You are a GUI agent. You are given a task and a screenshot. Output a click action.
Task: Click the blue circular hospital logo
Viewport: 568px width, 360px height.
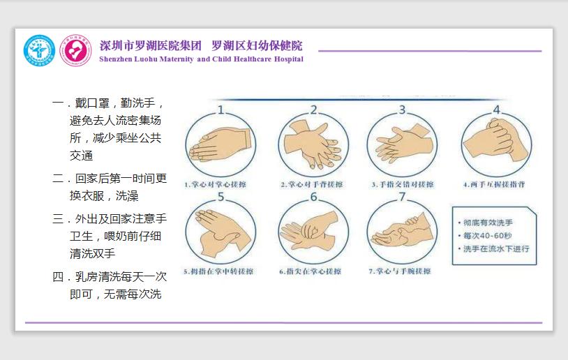click(39, 50)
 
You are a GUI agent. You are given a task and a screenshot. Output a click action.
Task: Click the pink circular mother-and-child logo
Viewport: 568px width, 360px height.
click(75, 50)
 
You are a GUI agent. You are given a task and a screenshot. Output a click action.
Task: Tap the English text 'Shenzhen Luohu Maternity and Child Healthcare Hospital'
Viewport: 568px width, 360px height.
click(201, 60)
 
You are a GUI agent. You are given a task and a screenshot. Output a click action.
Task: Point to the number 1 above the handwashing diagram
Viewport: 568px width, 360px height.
click(221, 109)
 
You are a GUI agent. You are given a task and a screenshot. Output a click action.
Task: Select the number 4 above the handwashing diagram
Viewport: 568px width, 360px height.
click(497, 110)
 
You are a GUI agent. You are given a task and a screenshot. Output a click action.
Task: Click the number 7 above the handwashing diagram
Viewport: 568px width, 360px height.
click(402, 196)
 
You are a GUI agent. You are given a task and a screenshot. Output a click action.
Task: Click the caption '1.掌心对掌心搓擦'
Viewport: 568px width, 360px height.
click(214, 185)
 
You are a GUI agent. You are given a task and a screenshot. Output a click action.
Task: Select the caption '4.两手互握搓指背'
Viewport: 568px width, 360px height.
click(494, 185)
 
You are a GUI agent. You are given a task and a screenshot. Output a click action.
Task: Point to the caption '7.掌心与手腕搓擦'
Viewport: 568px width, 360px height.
click(399, 271)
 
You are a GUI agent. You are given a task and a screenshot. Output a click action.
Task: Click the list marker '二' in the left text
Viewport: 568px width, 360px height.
click(59, 179)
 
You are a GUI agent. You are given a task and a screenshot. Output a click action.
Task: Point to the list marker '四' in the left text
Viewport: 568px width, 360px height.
click(59, 277)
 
